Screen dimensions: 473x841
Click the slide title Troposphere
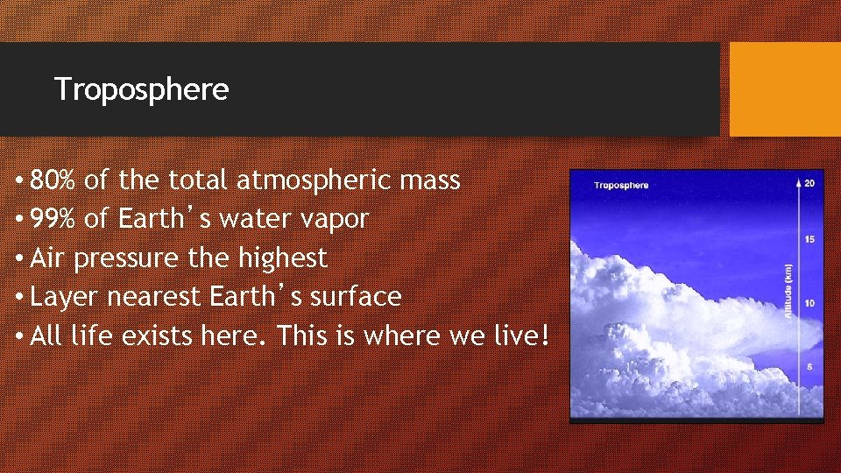(141, 89)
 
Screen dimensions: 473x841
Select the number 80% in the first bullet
(53, 180)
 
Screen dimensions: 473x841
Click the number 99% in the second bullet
(53, 219)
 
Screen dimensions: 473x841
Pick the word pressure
(150, 258)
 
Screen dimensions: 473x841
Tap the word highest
(282, 258)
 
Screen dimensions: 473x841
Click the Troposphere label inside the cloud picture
(621, 185)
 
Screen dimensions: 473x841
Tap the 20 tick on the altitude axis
(809, 183)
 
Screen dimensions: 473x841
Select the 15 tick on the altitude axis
(809, 239)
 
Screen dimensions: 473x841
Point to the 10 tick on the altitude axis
(809, 303)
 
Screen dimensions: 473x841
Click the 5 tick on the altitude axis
(809, 366)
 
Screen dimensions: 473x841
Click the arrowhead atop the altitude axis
(798, 181)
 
